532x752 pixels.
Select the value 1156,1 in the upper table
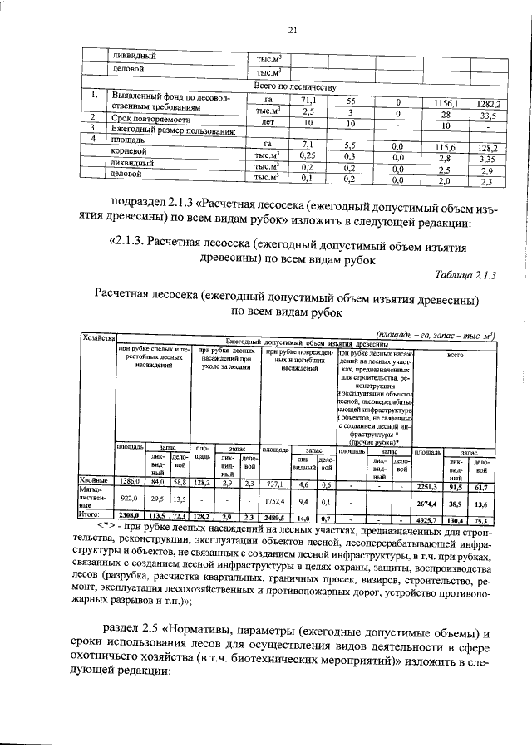click(446, 102)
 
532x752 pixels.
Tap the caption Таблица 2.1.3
click(470, 275)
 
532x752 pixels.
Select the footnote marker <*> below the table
click(107, 525)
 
